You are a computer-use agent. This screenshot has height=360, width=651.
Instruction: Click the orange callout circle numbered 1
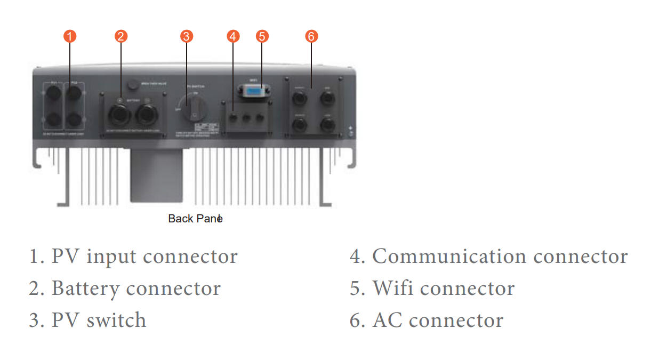click(x=70, y=36)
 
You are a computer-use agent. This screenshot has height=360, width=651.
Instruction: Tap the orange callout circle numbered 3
click(x=186, y=36)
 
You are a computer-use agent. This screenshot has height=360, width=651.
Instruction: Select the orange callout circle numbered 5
click(x=261, y=36)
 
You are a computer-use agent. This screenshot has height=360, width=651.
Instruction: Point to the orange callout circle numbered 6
click(x=311, y=36)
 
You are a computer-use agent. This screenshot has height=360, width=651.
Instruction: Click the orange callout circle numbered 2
click(x=121, y=36)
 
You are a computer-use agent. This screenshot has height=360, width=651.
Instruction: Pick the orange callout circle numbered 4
click(x=232, y=36)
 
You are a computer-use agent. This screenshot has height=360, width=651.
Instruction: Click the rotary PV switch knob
click(x=193, y=107)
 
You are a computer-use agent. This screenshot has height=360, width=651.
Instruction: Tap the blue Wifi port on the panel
click(x=253, y=94)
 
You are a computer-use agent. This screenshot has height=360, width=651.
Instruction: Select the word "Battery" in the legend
click(x=85, y=289)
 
